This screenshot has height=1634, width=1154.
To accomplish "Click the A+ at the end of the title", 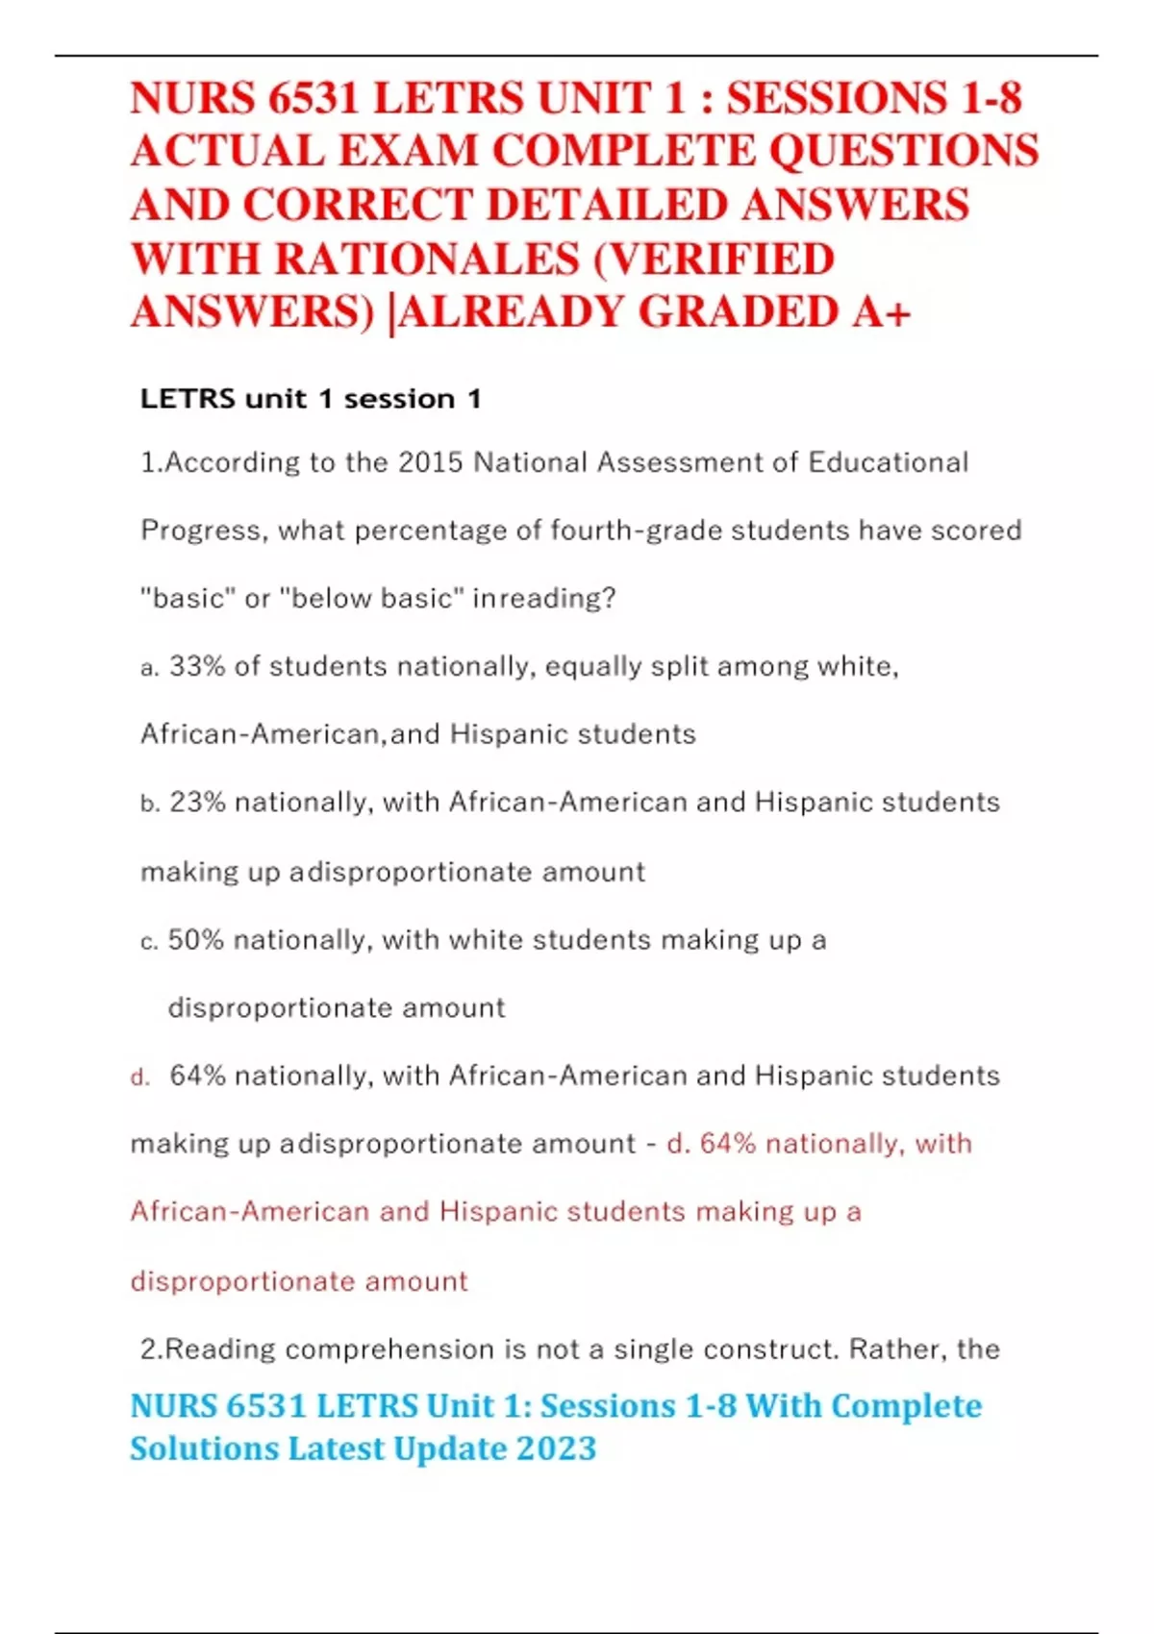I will tap(880, 312).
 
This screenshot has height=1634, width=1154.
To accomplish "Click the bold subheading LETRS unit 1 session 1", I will tap(311, 398).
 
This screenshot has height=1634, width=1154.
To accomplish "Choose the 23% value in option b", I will tap(197, 802).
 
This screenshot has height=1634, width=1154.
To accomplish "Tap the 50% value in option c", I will tap(195, 939).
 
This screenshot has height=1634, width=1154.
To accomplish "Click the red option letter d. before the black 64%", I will tap(140, 1077).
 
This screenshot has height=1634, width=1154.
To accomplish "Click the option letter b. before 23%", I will tap(149, 804).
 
